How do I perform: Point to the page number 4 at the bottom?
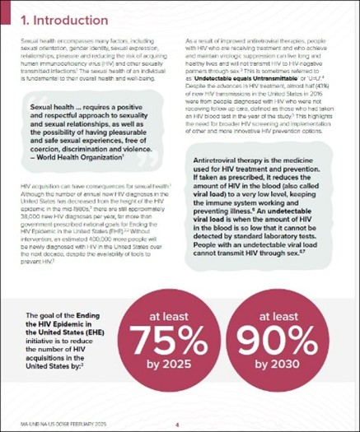(x=177, y=425)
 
